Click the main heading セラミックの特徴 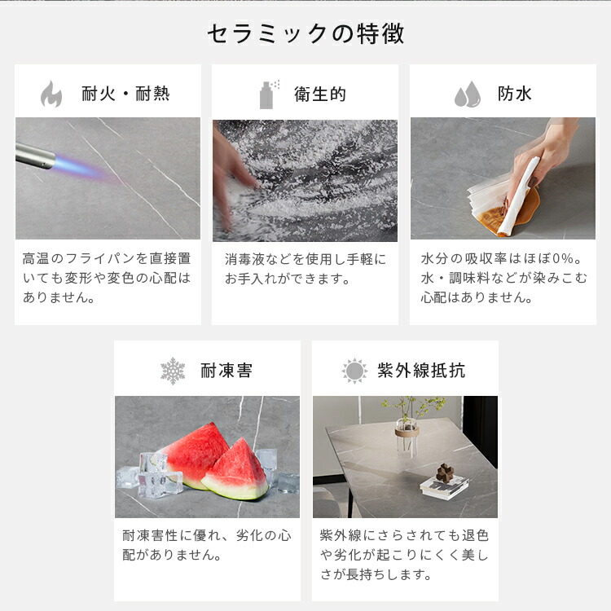point(305,33)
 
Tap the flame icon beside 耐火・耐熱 point(51,94)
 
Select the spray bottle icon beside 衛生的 point(268,95)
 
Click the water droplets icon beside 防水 point(468,95)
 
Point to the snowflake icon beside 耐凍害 point(173,371)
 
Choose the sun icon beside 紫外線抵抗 point(354,371)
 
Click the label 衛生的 point(320,95)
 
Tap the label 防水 point(514,94)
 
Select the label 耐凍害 point(226,371)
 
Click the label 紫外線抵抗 point(421,370)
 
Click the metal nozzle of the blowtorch point(34,156)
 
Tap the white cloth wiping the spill point(515,198)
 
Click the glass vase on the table point(407,437)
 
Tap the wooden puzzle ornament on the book point(444,473)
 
